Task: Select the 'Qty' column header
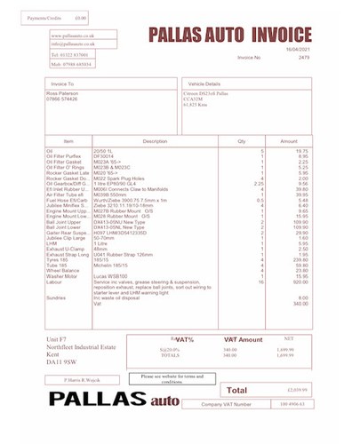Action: point(240,141)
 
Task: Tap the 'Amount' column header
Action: point(289,141)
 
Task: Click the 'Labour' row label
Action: point(55,281)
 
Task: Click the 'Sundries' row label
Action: point(57,297)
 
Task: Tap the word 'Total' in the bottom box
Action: point(237,390)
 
